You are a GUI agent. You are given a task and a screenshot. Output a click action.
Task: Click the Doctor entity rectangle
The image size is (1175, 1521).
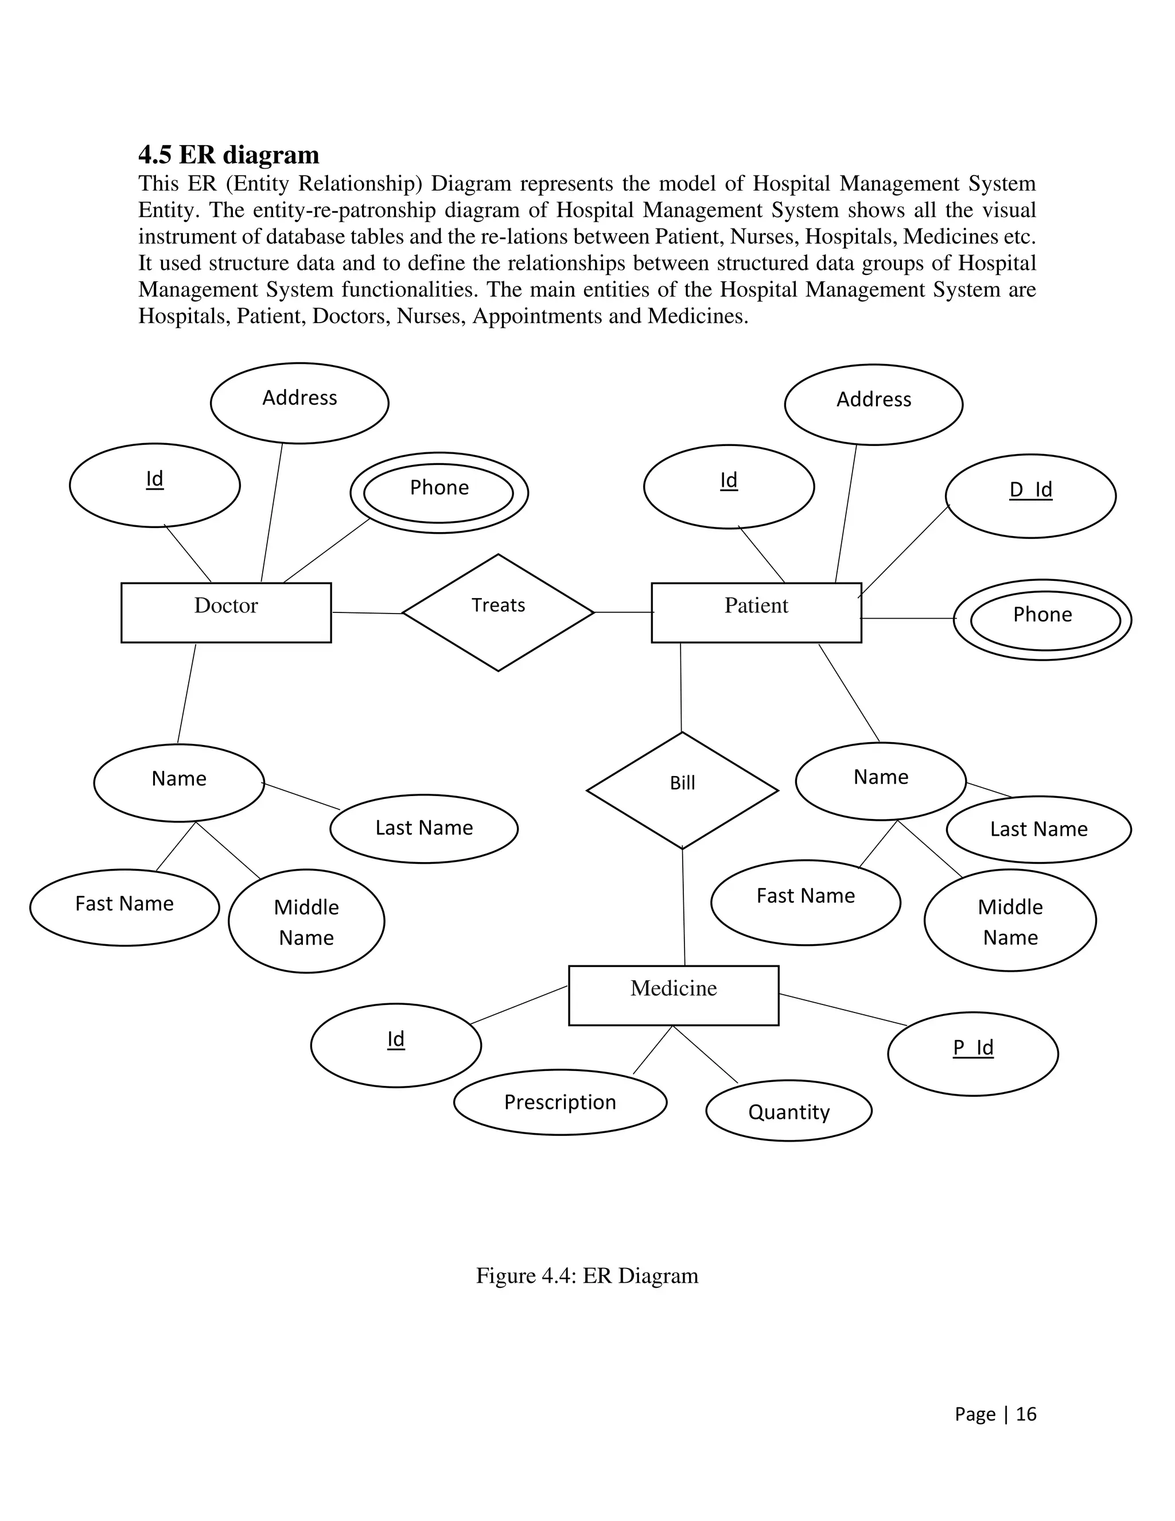[x=225, y=612]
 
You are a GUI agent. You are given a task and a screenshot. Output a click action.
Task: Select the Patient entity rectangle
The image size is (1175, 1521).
[x=756, y=612]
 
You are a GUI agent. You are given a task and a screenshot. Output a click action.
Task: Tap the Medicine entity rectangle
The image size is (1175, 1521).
[x=673, y=995]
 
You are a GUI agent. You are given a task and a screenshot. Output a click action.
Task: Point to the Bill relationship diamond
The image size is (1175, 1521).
[x=682, y=790]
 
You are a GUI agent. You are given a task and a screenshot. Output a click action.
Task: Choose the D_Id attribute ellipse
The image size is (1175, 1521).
[x=1030, y=496]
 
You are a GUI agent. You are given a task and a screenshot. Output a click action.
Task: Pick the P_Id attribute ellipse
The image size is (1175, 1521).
[x=972, y=1054]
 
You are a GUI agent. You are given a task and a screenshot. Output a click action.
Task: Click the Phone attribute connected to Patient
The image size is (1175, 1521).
[x=1042, y=619]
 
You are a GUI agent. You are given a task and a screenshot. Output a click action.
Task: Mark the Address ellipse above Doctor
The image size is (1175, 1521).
[x=299, y=402]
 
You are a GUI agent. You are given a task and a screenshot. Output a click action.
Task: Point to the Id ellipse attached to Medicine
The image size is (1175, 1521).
[x=395, y=1045]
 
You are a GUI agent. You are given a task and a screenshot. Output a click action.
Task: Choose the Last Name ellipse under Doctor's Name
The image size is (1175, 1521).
[x=423, y=828]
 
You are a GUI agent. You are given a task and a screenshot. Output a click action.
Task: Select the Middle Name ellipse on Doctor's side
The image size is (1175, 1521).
[x=306, y=921]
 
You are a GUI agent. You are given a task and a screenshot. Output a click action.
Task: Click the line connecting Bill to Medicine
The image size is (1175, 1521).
[x=683, y=907]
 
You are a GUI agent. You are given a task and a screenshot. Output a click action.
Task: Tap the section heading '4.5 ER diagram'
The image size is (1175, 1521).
[x=228, y=154]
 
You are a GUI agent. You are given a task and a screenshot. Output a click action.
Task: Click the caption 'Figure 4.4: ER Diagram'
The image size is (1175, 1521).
[x=587, y=1276]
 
